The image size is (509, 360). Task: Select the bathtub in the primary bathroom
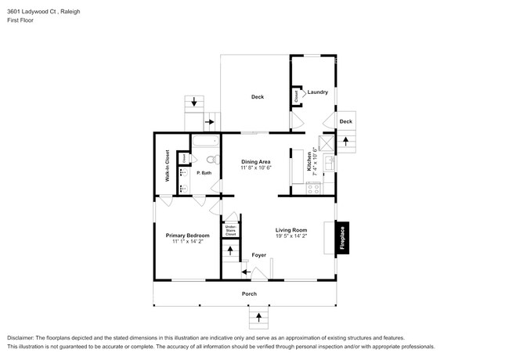pos(207,142)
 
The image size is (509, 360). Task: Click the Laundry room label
pos(317,92)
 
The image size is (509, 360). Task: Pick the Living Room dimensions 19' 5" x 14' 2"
pos(291,236)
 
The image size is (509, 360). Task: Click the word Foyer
pos(258,255)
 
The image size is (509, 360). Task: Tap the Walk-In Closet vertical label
pos(167,166)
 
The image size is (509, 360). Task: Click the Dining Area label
pos(255,161)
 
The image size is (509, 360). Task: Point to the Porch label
pos(249,294)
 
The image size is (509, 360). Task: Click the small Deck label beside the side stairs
pos(345,121)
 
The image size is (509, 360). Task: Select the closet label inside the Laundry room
pos(296,96)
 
